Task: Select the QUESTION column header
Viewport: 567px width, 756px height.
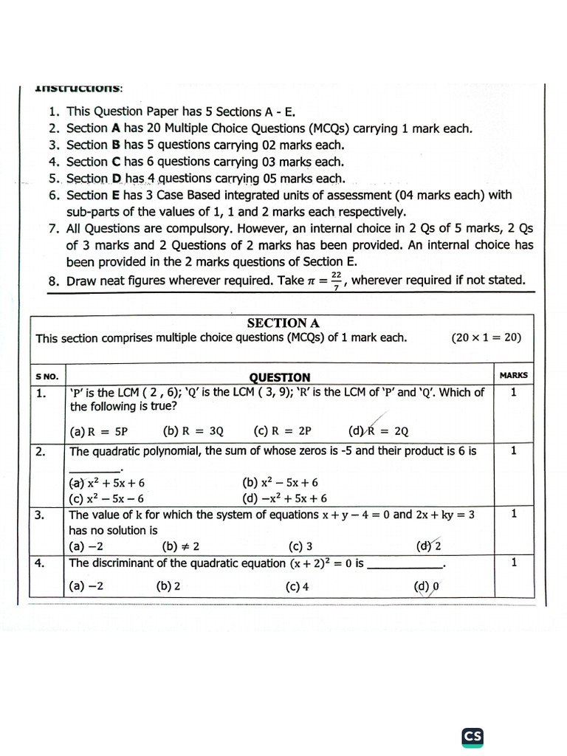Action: [x=280, y=377]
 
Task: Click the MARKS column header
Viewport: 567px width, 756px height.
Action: [x=513, y=375]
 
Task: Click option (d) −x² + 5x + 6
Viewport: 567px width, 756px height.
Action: [x=285, y=498]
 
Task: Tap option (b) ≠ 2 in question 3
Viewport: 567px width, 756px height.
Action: [x=180, y=546]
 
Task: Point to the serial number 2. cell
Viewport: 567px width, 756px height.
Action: [x=41, y=450]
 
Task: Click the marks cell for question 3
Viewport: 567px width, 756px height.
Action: [x=513, y=515]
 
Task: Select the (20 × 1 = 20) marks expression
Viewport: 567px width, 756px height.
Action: [x=486, y=337]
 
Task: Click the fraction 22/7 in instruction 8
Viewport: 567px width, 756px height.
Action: [x=336, y=281]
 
